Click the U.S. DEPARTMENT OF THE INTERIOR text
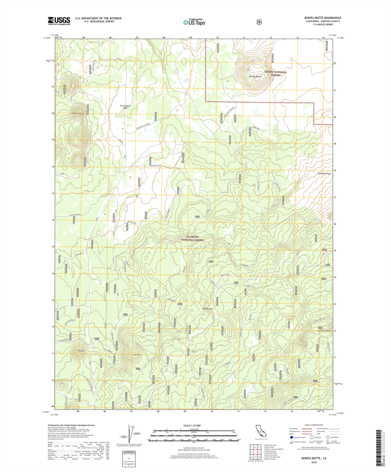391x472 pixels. point(94,18)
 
